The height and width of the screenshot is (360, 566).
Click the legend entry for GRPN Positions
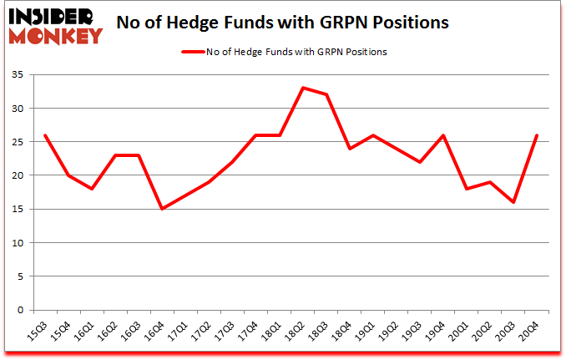[x=284, y=52]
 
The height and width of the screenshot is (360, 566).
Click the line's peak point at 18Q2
[x=302, y=88]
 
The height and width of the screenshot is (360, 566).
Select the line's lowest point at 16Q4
[x=162, y=209]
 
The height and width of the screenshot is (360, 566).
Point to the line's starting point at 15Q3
[x=45, y=135]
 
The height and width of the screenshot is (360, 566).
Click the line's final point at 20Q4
[x=536, y=135]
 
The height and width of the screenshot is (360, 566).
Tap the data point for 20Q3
[x=513, y=202]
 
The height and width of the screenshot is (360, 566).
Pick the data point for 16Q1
[x=92, y=189]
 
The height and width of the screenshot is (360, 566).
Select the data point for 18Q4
[x=349, y=149]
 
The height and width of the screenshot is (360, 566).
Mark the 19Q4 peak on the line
[x=442, y=135]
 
